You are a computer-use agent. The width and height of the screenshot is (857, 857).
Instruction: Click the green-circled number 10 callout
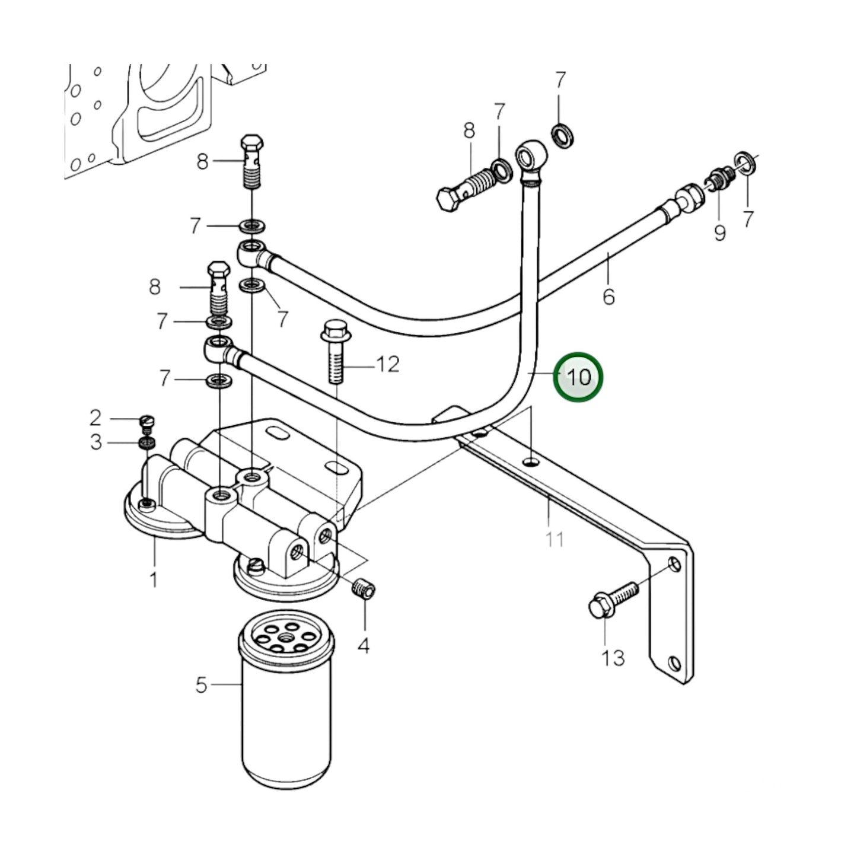[x=578, y=377]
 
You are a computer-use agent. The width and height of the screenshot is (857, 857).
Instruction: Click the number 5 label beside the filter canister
[x=201, y=685]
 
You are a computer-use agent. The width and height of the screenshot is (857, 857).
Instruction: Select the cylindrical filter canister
[x=286, y=700]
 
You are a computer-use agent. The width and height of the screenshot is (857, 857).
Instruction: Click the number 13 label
[x=613, y=657]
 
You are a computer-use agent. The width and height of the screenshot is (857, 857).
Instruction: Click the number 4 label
[x=364, y=645]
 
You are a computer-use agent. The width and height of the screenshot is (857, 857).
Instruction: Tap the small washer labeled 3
[x=147, y=442]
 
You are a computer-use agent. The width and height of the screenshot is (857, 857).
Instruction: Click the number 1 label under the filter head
[x=154, y=579]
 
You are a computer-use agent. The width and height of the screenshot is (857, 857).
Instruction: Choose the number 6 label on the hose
[x=608, y=296]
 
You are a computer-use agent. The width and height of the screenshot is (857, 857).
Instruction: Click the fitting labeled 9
[x=718, y=179]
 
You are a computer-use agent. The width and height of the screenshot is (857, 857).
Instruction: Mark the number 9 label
[x=719, y=232]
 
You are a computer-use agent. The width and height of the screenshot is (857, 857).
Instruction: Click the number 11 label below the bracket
[x=555, y=539]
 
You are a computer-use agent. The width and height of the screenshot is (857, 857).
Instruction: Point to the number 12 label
[x=388, y=364]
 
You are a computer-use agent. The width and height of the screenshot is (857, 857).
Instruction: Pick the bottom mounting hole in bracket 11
[x=673, y=662]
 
